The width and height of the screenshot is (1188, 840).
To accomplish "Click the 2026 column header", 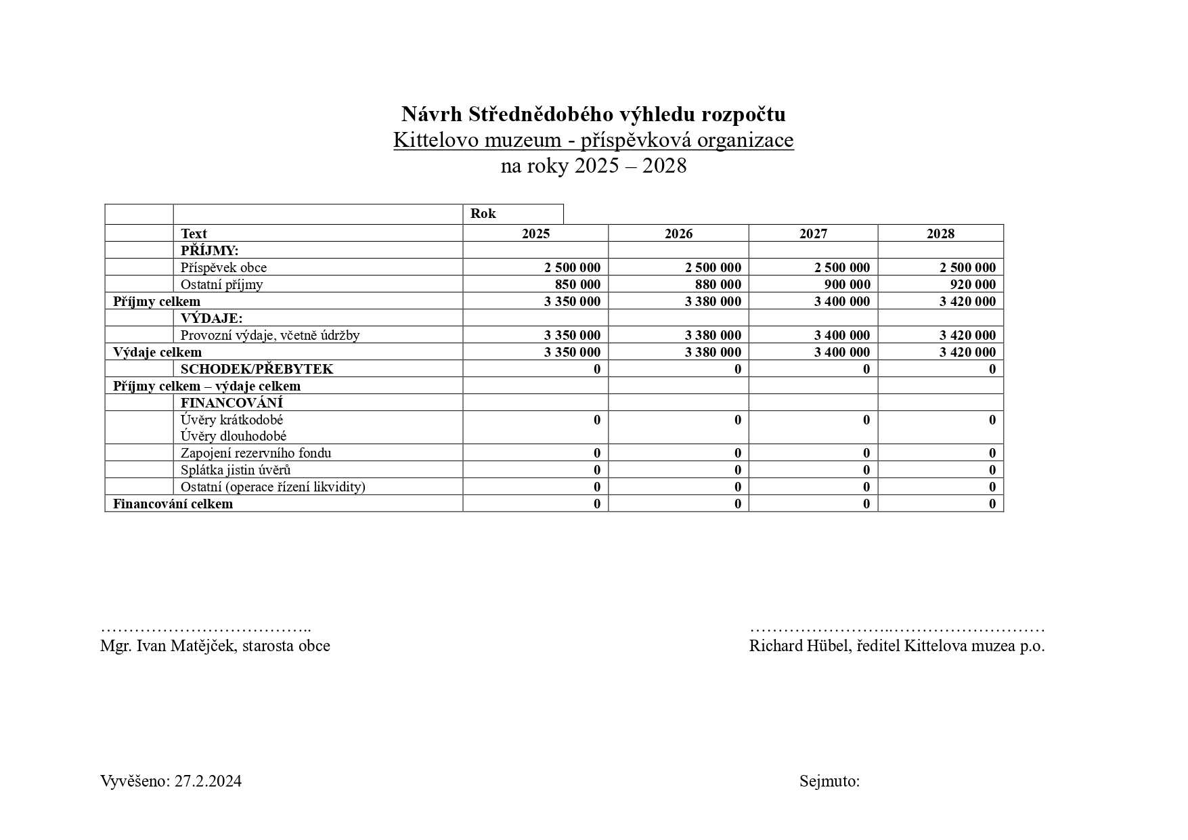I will tap(678, 234).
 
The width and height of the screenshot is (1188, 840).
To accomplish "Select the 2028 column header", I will tap(940, 234).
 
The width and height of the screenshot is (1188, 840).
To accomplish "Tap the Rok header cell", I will tap(483, 214).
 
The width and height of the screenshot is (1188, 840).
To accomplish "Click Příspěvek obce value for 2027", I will tap(841, 267).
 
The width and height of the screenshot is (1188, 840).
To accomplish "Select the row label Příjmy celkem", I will tap(156, 301).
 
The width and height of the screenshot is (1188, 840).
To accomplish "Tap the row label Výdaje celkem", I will tap(157, 352).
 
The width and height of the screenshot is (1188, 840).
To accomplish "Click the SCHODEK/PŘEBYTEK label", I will tap(257, 369).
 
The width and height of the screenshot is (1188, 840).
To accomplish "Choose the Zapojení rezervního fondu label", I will tap(255, 453).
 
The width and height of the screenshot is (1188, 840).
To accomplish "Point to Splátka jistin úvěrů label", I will tap(235, 470).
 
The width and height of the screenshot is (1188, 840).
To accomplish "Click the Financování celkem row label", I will tap(173, 504).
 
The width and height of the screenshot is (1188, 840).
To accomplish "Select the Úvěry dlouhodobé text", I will tap(233, 436).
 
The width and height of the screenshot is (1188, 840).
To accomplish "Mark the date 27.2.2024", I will tap(208, 781).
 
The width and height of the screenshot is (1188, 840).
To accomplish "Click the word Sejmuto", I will tap(829, 781).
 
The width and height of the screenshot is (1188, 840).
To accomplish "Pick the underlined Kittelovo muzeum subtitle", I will tap(593, 140).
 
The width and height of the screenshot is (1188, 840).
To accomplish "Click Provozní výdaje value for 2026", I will tap(713, 335).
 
